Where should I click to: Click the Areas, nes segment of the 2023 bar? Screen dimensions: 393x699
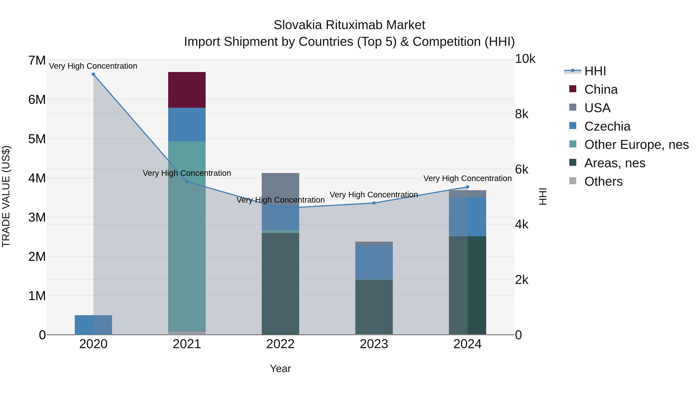pos(374,307)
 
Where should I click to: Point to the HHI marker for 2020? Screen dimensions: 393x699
pos(93,74)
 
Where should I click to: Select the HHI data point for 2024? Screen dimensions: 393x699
pos(467,187)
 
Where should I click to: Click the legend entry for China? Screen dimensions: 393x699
pos(601,89)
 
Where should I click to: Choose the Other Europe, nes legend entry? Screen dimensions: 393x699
pos(636,145)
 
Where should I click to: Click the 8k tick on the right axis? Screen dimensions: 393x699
pos(521,114)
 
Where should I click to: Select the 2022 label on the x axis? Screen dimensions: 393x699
pos(280,344)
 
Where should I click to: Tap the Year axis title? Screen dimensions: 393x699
pos(280,369)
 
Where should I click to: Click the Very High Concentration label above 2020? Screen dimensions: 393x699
pos(93,66)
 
